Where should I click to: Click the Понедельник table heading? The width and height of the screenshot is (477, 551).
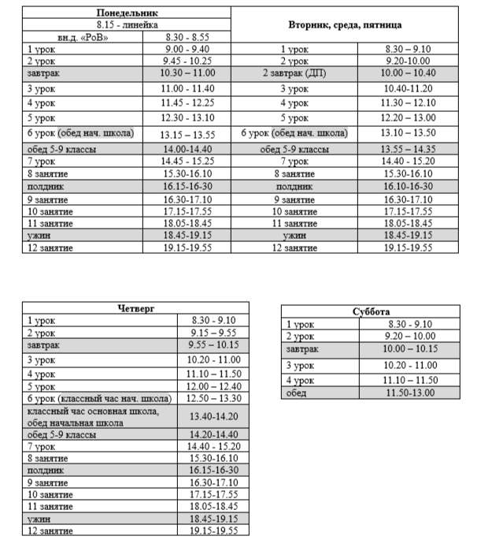(127, 14)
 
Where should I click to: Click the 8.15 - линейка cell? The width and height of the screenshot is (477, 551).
(127, 25)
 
